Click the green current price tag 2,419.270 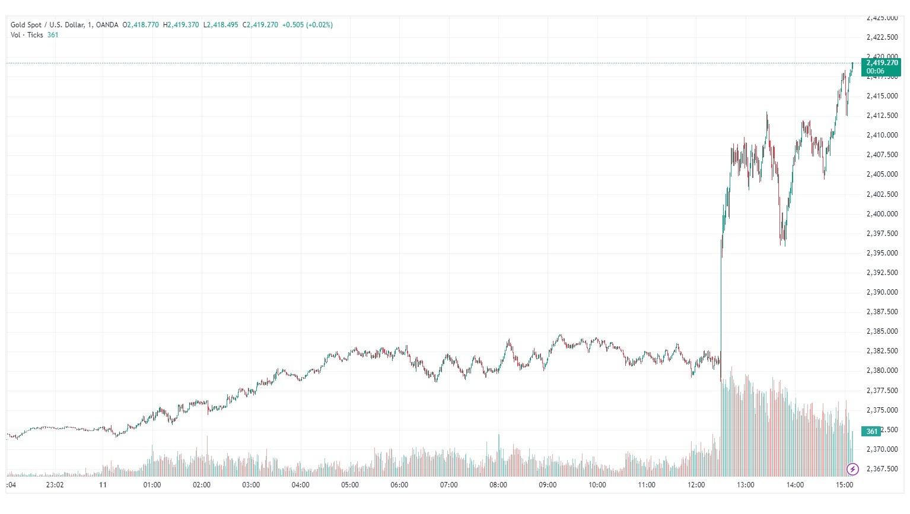[882, 63]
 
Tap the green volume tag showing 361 [871, 431]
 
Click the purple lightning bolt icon [852, 470]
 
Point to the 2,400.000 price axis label [882, 214]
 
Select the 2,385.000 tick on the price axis [882, 331]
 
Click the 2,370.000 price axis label [882, 449]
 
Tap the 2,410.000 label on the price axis [882, 135]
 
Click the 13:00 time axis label [746, 485]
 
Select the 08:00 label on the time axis [498, 485]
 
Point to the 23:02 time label [55, 485]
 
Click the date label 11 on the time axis [103, 485]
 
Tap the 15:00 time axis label [844, 485]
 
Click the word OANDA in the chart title [107, 25]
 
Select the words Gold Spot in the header [26, 25]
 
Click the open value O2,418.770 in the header [141, 25]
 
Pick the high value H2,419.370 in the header [181, 25]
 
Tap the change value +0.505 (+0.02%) [307, 25]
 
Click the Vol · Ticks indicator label [27, 35]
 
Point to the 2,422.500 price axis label [882, 37]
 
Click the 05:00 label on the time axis [350, 485]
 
